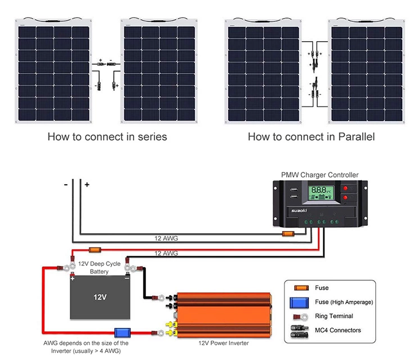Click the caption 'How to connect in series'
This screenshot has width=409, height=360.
tap(107, 136)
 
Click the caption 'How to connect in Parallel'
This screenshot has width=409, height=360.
tap(311, 136)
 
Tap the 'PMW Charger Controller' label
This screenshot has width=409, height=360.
tap(319, 175)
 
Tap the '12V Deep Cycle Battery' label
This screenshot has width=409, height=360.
tap(99, 268)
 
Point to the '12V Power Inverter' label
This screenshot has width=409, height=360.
tap(223, 343)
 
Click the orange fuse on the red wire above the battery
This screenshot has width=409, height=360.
tap(95, 248)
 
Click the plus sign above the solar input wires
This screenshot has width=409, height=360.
tap(87, 184)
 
